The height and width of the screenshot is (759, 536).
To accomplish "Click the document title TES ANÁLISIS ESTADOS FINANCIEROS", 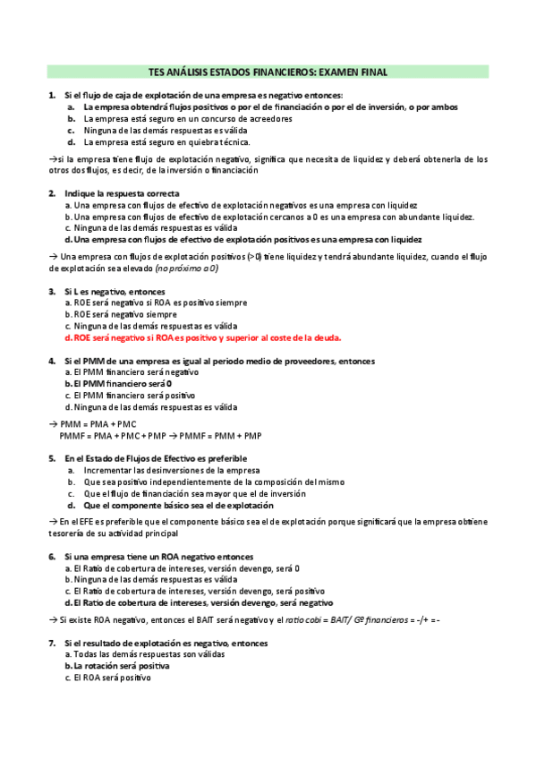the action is (268, 72).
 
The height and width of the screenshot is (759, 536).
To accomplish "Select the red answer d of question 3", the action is (208, 338).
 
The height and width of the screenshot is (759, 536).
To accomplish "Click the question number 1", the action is (52, 96).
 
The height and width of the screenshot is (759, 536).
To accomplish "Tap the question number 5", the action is (52, 458).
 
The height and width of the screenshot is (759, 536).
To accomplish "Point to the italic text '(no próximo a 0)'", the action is (187, 269).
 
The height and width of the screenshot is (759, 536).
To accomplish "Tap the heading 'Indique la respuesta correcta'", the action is (122, 193).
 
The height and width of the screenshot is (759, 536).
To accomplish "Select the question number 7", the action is (52, 643).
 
